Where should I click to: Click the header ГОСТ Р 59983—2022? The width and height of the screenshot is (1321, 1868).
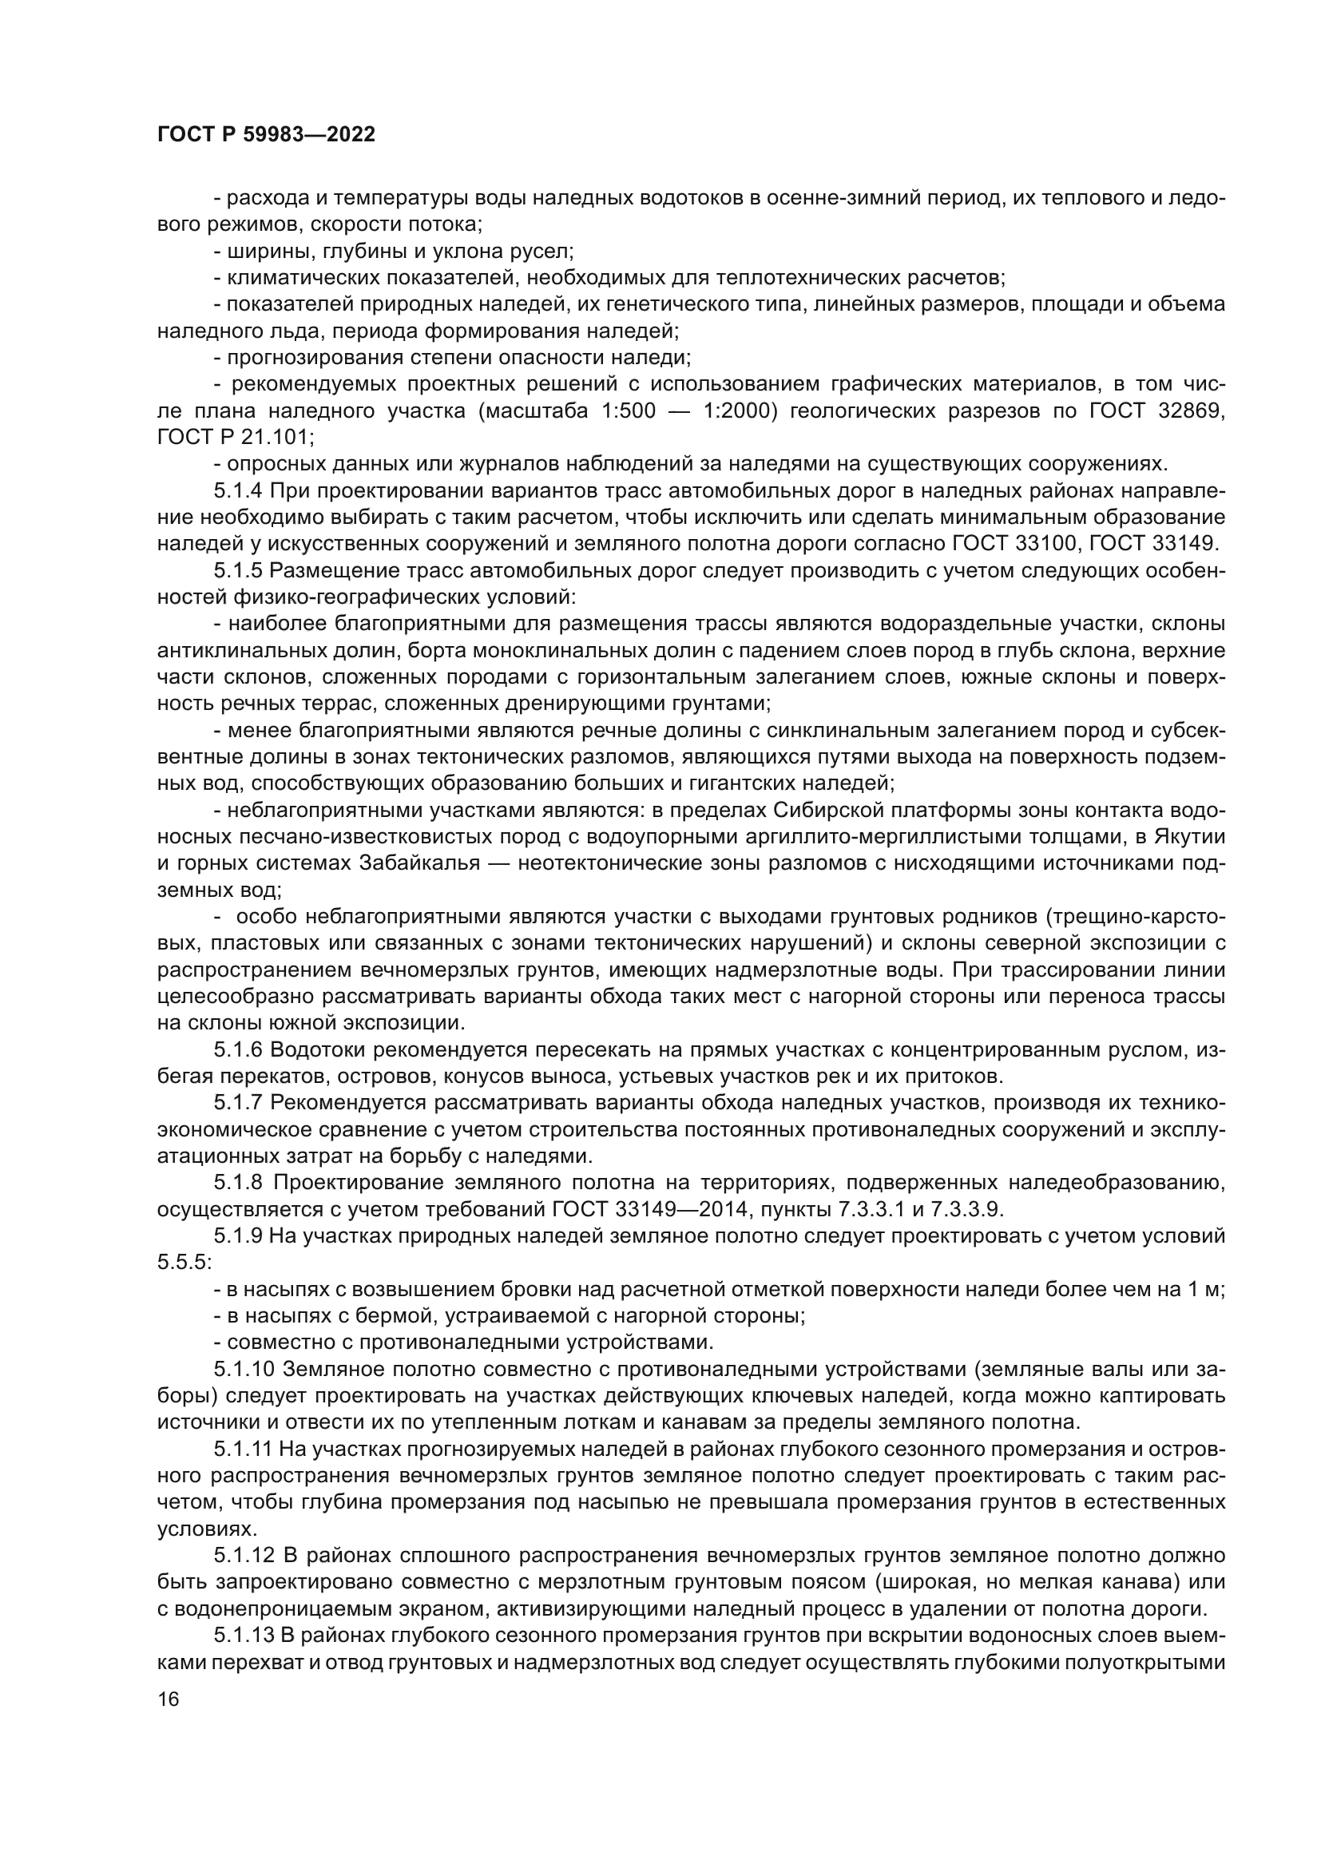tap(266, 135)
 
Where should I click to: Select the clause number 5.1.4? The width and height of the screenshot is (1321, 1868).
tap(239, 491)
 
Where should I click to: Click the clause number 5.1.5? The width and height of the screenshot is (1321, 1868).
tap(239, 571)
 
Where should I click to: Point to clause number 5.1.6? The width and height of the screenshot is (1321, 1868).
tap(239, 1050)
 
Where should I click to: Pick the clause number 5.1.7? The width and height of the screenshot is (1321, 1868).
tap(239, 1103)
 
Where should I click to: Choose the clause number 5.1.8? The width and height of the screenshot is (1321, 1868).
tap(239, 1183)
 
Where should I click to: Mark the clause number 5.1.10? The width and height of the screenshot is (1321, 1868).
tap(245, 1370)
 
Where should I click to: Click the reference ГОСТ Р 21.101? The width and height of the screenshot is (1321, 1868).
tap(232, 438)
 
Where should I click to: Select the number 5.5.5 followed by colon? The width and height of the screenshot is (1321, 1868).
tap(184, 1263)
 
